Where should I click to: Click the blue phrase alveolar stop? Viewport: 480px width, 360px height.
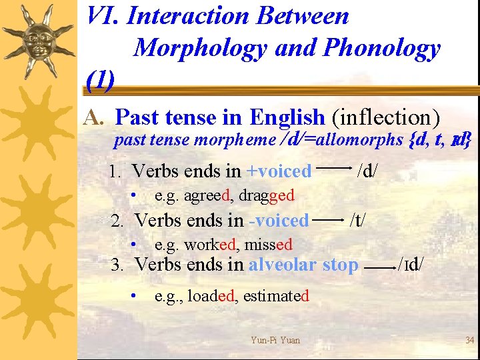tap(303, 265)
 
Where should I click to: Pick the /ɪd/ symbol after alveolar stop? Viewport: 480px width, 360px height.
tap(413, 265)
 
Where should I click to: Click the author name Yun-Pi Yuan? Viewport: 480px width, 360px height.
tap(275, 341)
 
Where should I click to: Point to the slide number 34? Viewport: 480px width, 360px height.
tap(469, 341)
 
